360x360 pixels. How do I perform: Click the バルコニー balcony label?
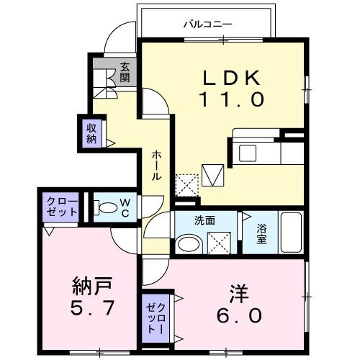coord(207,24)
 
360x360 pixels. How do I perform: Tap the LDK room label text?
coord(228,77)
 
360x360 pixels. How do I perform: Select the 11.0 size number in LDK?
coord(228,99)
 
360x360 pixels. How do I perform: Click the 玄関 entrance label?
coord(125,73)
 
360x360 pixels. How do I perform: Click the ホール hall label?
coord(156,166)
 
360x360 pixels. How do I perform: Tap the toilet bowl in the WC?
coord(107,209)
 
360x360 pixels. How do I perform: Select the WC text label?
coord(125,209)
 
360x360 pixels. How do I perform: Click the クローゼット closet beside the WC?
coord(60,207)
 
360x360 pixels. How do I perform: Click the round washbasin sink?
coord(187,244)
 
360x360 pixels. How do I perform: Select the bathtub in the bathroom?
coord(290,232)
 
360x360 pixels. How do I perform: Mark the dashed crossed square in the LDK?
coord(186,184)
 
